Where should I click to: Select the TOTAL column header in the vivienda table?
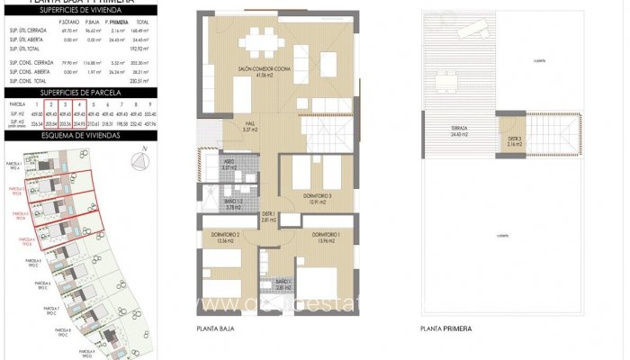point(141,20)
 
